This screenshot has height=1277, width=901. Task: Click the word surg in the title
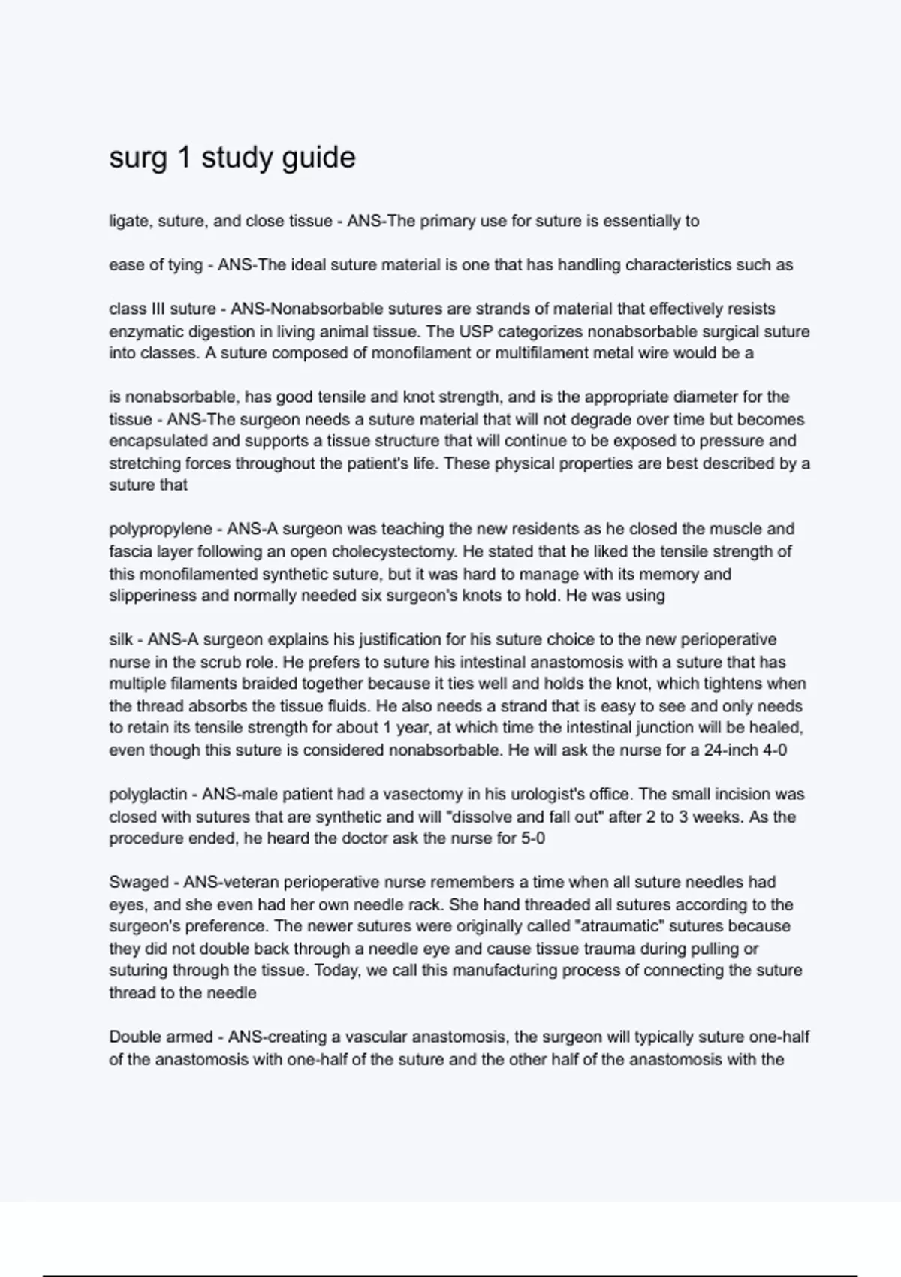pos(137,158)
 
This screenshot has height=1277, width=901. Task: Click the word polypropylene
pos(160,530)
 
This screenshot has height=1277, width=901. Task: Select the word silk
pos(120,640)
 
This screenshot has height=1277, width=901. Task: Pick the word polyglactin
pos(153,794)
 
